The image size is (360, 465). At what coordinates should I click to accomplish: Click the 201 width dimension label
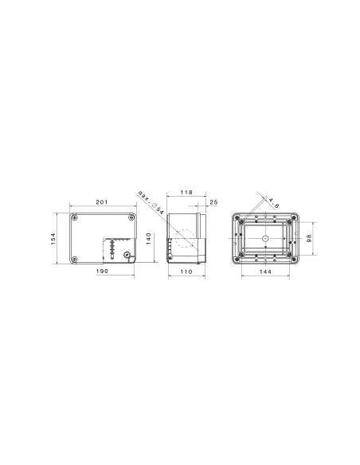pyautogui.click(x=102, y=202)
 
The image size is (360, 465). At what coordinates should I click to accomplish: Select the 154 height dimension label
pyautogui.click(x=53, y=238)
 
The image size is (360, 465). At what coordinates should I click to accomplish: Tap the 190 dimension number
pyautogui.click(x=102, y=272)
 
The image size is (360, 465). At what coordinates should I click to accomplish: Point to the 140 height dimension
pyautogui.click(x=147, y=238)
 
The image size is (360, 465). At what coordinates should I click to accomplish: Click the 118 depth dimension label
pyautogui.click(x=186, y=193)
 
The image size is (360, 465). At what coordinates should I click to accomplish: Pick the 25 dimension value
pyautogui.click(x=214, y=202)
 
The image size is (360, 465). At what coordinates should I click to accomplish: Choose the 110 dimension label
pyautogui.click(x=185, y=272)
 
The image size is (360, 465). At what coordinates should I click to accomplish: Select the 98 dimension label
pyautogui.click(x=311, y=238)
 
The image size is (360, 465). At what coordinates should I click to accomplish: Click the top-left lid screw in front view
pyautogui.click(x=74, y=217)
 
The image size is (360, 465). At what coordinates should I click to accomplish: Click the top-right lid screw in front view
pyautogui.click(x=131, y=217)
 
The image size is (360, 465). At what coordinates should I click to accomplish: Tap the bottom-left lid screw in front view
pyautogui.click(x=74, y=259)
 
